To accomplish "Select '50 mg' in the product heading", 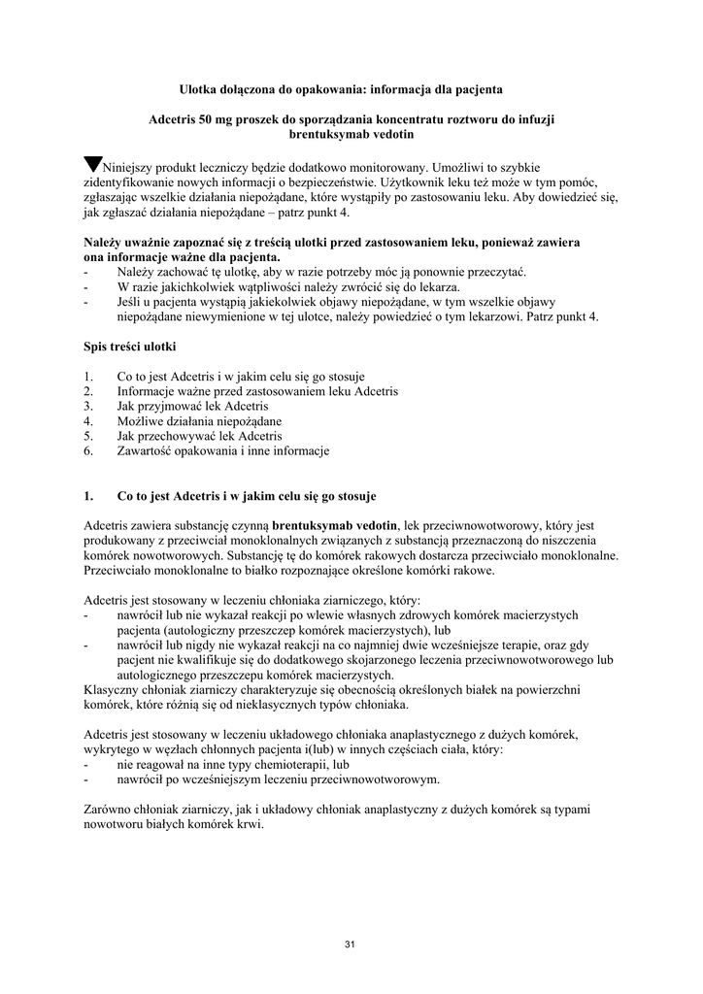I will (x=216, y=120).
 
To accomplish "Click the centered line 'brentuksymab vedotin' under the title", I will (x=351, y=135).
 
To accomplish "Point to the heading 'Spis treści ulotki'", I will (x=129, y=346).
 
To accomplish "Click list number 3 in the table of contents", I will (x=88, y=406).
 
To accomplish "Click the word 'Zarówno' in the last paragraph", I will (x=110, y=810).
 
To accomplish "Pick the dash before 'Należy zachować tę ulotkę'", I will (x=87, y=272).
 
